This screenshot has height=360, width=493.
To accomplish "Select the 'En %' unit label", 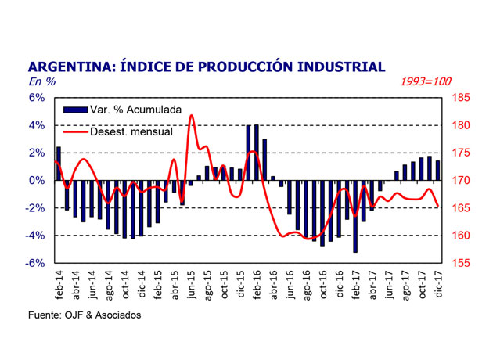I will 41,81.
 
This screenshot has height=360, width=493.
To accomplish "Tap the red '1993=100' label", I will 426,81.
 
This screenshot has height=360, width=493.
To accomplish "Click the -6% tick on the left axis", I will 35,263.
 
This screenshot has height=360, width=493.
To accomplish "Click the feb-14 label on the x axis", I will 58,284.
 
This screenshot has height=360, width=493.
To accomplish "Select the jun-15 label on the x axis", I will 190,284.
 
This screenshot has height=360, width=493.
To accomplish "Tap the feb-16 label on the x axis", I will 256,284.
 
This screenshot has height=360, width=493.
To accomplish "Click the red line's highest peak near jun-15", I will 191,116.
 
